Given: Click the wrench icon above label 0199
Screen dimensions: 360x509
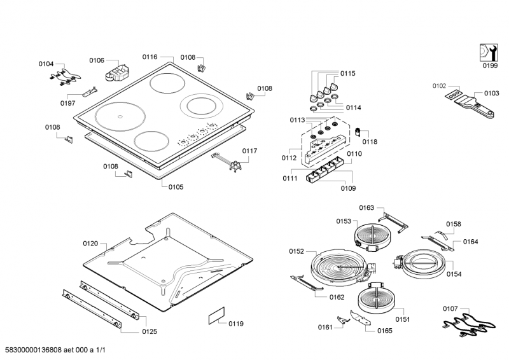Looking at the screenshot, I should coord(488,52).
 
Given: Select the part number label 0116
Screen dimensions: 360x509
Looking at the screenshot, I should coord(150,57).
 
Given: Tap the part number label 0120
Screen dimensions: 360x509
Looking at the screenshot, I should coord(90,244).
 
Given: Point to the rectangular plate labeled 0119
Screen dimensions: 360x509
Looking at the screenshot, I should coord(216,317).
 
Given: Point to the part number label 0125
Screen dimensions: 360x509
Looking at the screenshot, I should coord(150,331).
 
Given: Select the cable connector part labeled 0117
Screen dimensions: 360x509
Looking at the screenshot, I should coord(233,163).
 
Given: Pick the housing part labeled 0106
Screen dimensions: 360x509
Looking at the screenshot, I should coord(116,71).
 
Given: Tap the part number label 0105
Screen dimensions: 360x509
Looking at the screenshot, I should coord(176,187).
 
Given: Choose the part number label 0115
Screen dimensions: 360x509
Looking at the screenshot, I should coord(347,73).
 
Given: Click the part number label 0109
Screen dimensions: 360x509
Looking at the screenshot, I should coord(348,188).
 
